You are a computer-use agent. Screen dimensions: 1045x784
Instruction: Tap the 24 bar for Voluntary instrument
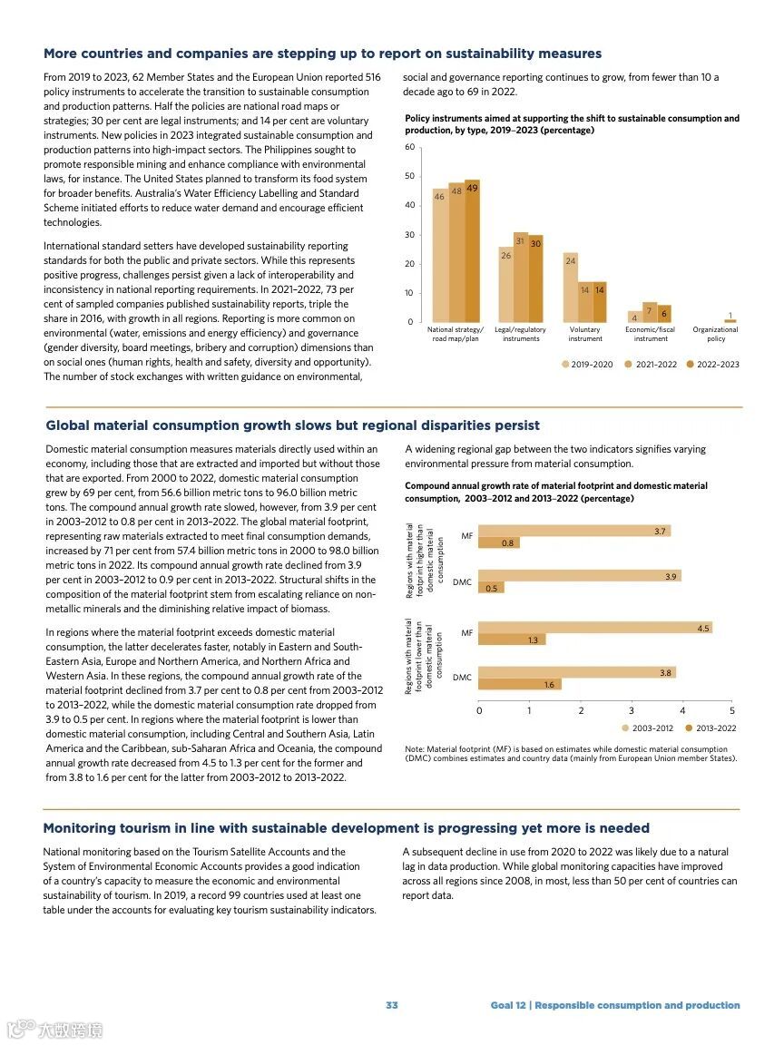(571, 288)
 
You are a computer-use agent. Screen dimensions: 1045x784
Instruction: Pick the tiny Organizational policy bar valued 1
(730, 320)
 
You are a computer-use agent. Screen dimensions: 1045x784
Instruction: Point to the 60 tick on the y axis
(409, 147)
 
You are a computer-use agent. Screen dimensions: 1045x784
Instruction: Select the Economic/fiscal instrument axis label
(651, 334)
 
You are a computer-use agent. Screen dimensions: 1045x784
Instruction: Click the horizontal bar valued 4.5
(594, 628)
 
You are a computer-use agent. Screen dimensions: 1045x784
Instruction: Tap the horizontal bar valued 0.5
(491, 588)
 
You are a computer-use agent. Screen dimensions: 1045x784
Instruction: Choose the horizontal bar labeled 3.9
(579, 576)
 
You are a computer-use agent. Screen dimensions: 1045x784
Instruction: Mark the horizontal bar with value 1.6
(519, 685)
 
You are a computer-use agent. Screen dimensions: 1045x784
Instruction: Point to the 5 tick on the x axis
(732, 710)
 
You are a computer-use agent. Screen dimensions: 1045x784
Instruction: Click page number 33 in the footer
(392, 1005)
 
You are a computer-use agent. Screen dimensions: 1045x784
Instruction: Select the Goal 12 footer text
(615, 1005)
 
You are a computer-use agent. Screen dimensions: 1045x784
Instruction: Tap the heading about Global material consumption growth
(292, 425)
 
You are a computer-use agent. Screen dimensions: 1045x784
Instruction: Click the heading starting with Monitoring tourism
(347, 828)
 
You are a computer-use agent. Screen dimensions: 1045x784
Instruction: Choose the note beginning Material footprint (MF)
(571, 754)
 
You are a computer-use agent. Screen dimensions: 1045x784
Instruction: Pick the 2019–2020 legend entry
(587, 365)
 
